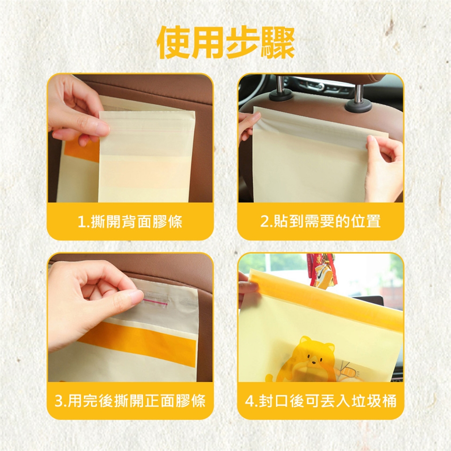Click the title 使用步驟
[225, 43]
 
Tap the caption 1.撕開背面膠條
[130, 221]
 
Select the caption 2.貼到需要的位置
[320, 221]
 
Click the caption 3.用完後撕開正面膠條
[130, 401]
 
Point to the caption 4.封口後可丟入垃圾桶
[321, 401]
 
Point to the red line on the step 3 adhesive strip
[156, 302]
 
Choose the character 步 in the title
[243, 43]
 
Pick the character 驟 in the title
[278, 43]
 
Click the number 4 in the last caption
[249, 401]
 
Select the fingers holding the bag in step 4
[248, 285]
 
